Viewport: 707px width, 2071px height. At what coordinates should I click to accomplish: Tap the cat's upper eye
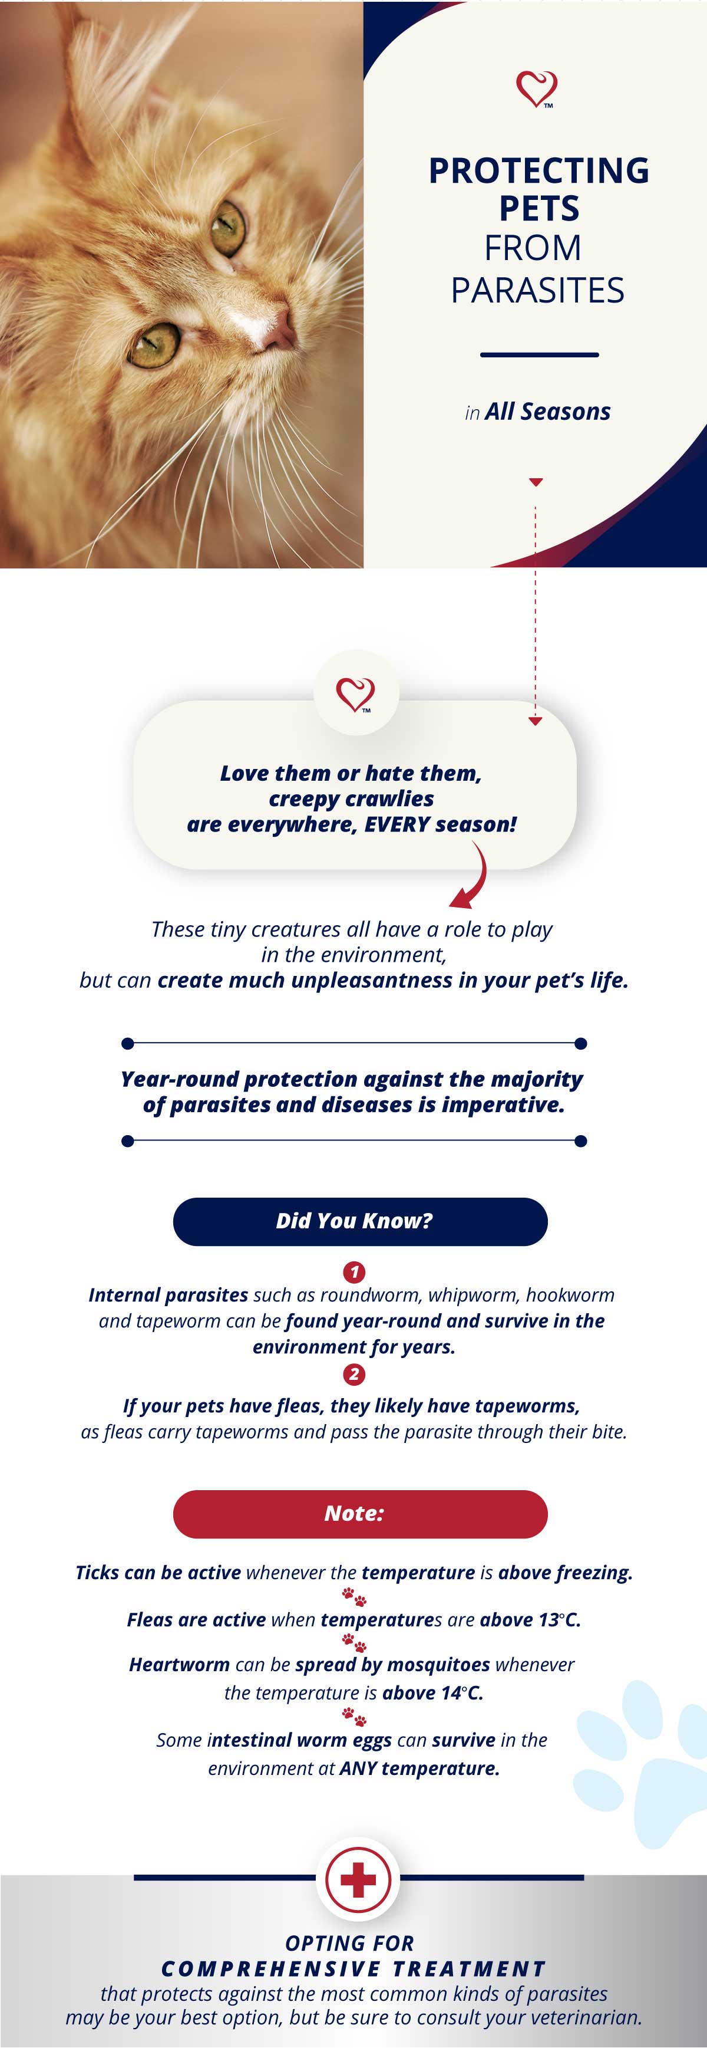pos(227,226)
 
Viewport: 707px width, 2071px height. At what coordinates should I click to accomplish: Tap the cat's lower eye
pos(155,344)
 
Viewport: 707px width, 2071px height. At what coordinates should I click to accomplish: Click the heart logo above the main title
pos(537,89)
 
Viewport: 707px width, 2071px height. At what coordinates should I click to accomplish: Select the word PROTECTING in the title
pos(539,170)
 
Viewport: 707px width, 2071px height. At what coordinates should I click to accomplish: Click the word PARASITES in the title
pos(537,290)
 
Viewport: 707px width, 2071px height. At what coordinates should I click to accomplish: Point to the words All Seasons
pos(548,412)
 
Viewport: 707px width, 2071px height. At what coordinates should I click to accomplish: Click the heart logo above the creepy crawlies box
pos(355,694)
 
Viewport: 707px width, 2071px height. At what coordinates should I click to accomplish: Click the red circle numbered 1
pos(354,1272)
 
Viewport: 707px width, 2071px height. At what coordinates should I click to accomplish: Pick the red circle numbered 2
pos(354,1375)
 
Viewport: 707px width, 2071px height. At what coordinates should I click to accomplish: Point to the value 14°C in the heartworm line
pos(462,1692)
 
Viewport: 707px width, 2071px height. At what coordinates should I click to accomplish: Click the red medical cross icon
pos(358,1880)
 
